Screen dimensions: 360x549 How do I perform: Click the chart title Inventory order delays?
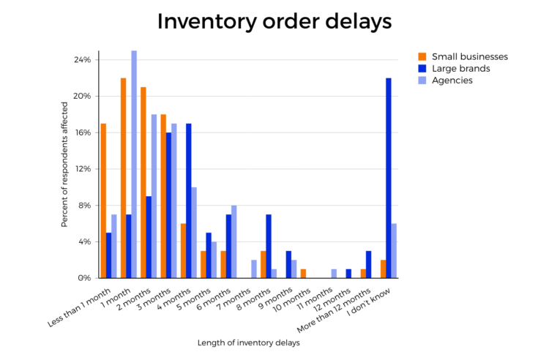[x=274, y=22]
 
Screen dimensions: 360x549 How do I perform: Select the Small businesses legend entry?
[x=469, y=56]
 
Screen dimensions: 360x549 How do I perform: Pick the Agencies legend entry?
[x=452, y=80]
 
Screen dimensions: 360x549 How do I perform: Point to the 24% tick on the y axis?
[x=82, y=59]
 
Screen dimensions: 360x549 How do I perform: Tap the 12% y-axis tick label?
[x=82, y=169]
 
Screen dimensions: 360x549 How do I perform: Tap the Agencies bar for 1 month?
[x=133, y=165]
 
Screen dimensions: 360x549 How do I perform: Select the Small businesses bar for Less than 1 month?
[x=103, y=200]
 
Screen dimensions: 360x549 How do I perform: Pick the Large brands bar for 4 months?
[x=188, y=201]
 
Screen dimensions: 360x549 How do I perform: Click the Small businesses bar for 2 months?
[x=143, y=183]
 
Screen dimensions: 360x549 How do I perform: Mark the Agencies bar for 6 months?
[x=234, y=241]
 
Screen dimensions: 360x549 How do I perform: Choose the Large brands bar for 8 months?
[x=268, y=247]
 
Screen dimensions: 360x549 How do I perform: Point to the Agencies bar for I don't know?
[x=393, y=251]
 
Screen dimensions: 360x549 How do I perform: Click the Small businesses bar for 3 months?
[x=163, y=196]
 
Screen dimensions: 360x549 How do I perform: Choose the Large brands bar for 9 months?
[x=288, y=264]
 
